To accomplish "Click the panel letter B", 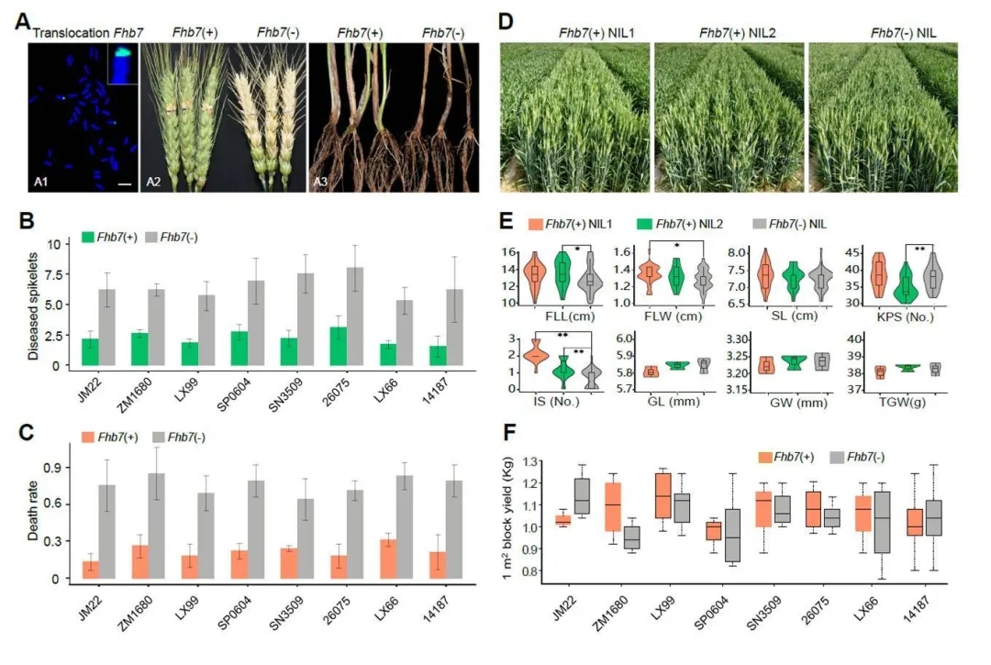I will tap(28, 221).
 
